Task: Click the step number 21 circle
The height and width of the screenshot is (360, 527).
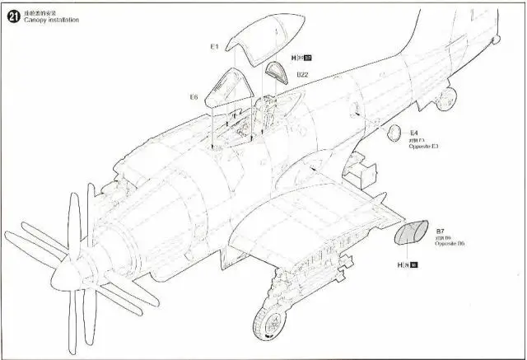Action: (x=12, y=14)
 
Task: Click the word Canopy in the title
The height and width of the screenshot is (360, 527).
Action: (x=35, y=20)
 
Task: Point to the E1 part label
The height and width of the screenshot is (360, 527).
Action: (x=213, y=47)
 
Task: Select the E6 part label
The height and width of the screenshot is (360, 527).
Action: (x=194, y=96)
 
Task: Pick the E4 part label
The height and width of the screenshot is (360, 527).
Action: (x=414, y=132)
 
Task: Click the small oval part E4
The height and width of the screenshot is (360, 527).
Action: (x=394, y=133)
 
